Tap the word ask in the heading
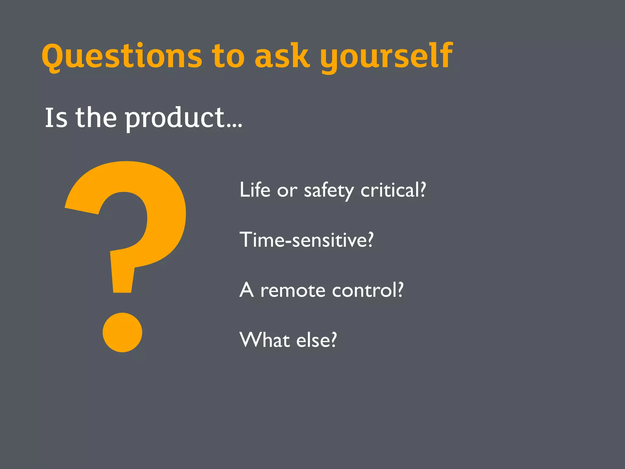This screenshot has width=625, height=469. tap(281, 56)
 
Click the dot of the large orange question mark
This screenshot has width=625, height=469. tap(122, 332)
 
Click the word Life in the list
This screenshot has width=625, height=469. tap(255, 190)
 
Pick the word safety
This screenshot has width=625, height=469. tap(329, 191)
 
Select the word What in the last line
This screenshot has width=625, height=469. tap(264, 340)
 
